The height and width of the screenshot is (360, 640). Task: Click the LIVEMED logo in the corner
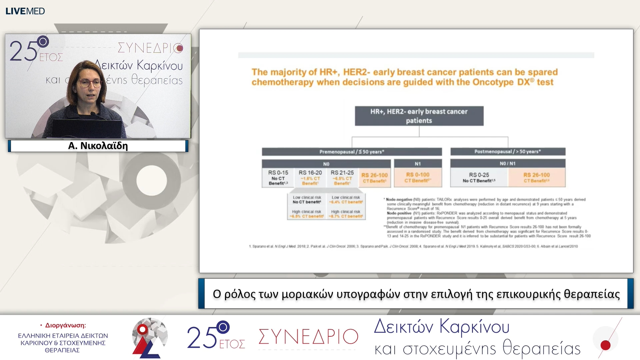(25, 11)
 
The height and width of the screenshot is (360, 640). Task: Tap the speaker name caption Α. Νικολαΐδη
(98, 146)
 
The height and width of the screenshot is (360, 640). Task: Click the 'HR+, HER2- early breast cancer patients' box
(419, 116)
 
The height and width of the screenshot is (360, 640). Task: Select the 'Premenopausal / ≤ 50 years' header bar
(352, 152)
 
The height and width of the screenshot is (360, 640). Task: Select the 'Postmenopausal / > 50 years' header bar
(508, 152)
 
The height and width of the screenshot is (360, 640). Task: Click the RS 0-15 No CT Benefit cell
(278, 178)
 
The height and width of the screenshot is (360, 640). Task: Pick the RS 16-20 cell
(310, 178)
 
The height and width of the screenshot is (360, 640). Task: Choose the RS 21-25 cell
(342, 178)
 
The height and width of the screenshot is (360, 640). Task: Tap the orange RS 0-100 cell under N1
(418, 177)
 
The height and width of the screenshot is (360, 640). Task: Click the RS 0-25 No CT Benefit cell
(479, 177)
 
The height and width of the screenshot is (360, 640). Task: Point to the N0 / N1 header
(508, 163)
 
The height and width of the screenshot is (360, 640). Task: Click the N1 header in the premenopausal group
(418, 164)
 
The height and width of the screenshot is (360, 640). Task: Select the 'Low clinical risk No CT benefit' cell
(307, 200)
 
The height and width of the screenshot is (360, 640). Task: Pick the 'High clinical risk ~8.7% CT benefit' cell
(346, 214)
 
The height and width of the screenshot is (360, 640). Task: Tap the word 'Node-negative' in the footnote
(399, 199)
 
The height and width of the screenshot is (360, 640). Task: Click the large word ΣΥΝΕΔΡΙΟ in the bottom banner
(308, 337)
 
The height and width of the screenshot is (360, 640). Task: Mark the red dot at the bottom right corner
(605, 345)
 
